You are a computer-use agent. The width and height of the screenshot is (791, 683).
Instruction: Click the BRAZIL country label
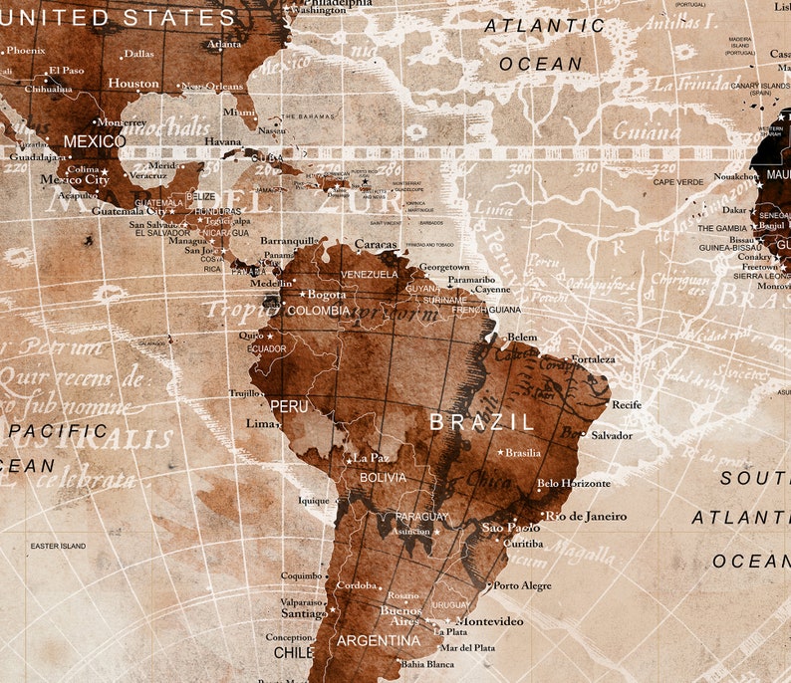point(481,422)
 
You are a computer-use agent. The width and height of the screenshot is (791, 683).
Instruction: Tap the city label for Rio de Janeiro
point(588,516)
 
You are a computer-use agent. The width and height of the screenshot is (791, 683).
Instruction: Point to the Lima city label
point(260,423)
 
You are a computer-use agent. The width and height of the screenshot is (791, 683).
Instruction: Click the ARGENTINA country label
point(378,640)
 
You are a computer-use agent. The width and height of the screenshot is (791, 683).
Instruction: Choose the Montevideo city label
point(489,620)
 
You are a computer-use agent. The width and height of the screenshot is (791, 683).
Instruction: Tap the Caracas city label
point(376,244)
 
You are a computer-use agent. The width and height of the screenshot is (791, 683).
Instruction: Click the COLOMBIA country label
point(318,311)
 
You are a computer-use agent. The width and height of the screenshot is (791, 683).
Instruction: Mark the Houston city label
point(132,84)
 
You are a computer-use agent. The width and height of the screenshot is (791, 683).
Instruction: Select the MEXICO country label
point(94,142)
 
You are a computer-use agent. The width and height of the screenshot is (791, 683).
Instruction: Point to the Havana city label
point(223,141)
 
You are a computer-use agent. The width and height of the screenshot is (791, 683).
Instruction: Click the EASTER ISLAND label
point(58,546)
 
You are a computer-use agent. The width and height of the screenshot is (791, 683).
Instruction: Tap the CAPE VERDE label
point(677,182)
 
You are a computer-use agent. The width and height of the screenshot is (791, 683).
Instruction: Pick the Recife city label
point(627,405)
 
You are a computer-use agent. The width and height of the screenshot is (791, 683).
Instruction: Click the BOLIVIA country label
point(383,478)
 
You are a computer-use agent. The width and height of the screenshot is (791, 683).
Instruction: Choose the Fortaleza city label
point(594,359)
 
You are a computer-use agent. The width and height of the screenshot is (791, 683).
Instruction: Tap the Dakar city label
point(734,211)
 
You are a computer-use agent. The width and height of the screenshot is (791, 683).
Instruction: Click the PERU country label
point(289,407)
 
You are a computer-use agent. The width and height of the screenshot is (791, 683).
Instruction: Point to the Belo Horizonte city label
point(573,484)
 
